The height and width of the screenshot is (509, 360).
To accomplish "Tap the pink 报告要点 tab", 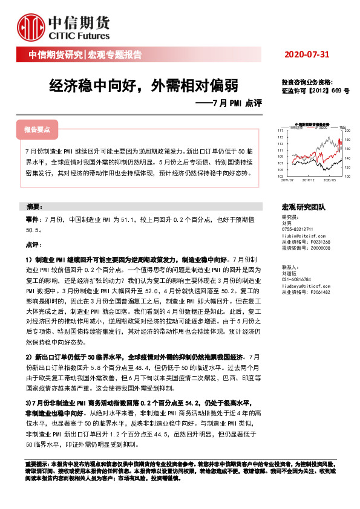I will [x=38, y=130].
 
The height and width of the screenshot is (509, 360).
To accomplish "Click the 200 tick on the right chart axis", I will [x=348, y=131].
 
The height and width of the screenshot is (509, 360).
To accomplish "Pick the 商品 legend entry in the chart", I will [x=342, y=127].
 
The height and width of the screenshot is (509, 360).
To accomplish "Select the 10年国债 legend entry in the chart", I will [x=296, y=127].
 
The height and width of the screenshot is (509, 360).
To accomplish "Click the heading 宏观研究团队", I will [x=304, y=206].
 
